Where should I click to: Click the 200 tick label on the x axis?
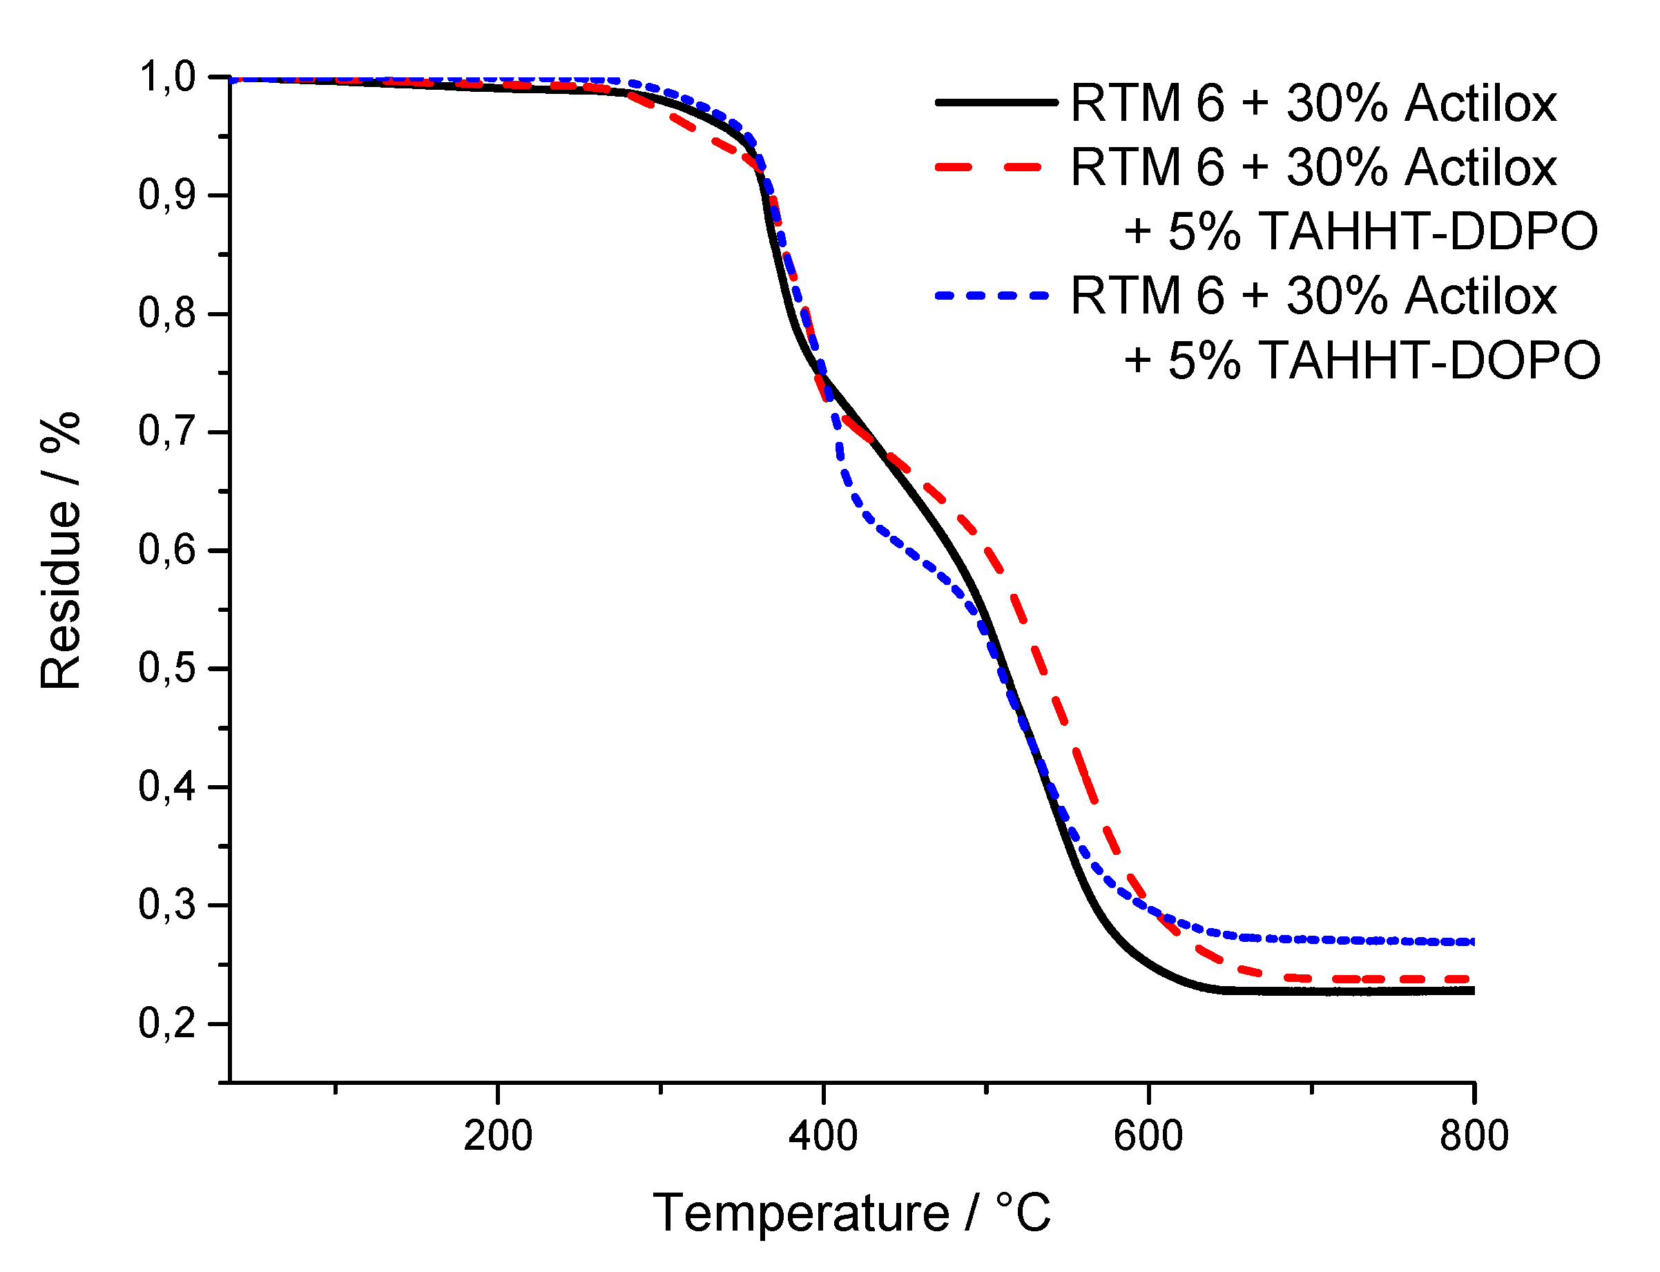497,1136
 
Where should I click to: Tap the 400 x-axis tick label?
823,1136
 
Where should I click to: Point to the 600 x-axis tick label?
1148,1136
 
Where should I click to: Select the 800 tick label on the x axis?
1474,1136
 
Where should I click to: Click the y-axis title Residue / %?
61,550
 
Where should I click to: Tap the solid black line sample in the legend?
996,102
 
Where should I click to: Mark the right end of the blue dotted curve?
1471,942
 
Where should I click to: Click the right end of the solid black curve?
1472,991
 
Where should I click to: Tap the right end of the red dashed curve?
1469,980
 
